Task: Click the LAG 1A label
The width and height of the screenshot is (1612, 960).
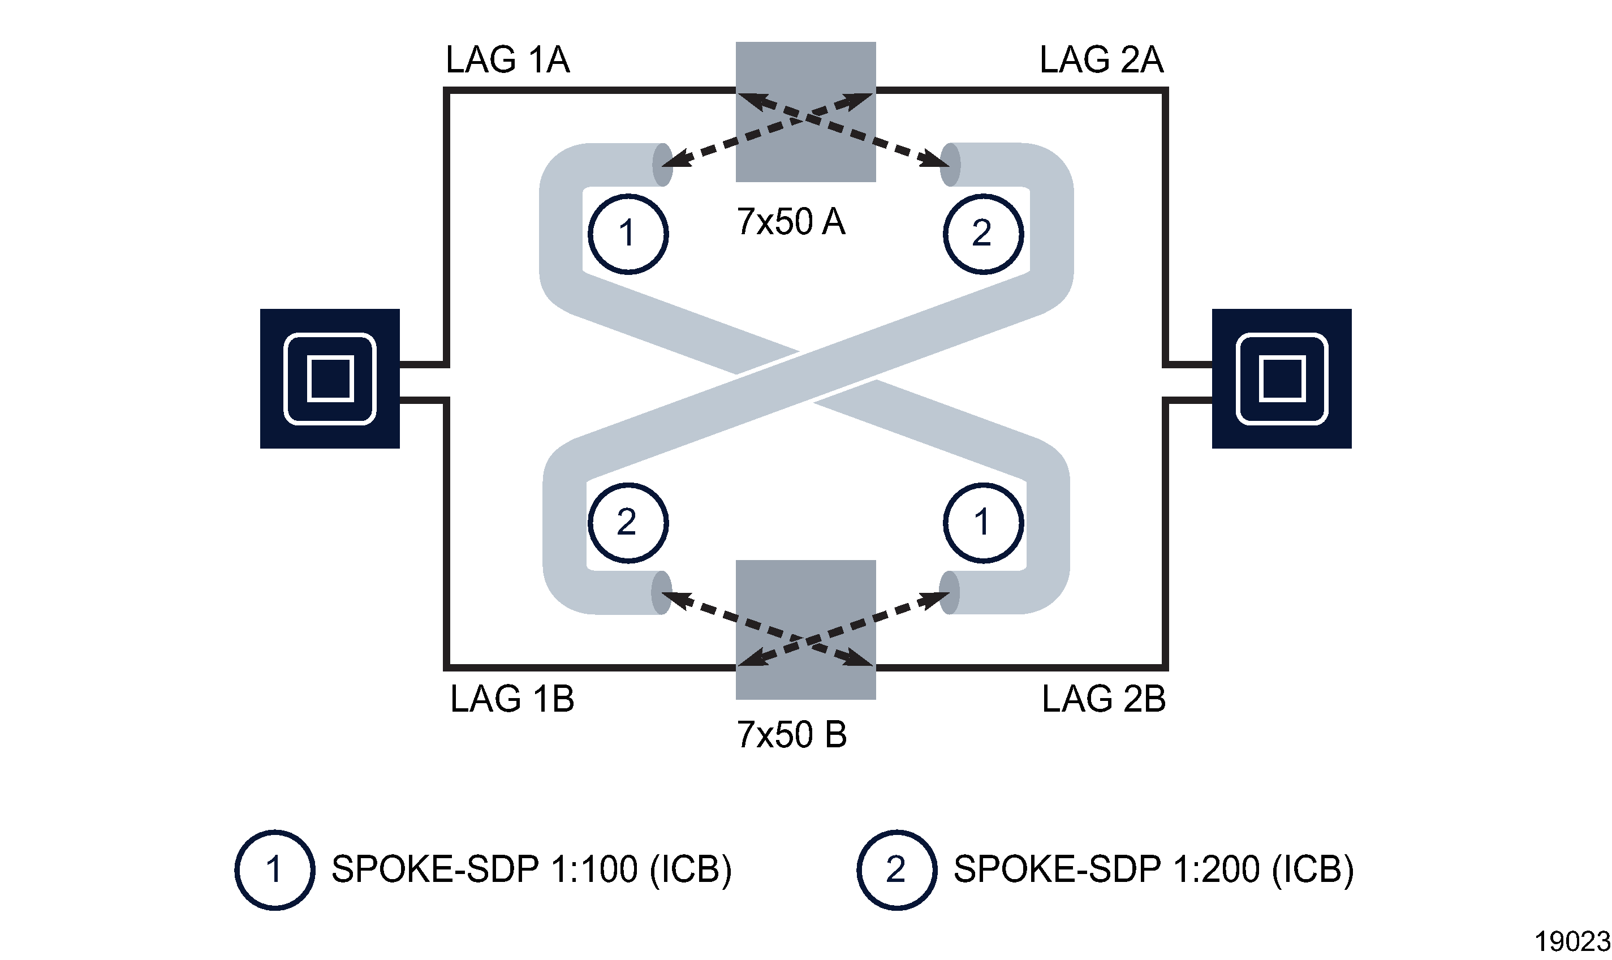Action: pyautogui.click(x=507, y=60)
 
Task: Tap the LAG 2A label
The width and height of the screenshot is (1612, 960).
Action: pyautogui.click(x=1101, y=60)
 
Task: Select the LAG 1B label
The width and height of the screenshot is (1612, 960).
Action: pyautogui.click(x=511, y=699)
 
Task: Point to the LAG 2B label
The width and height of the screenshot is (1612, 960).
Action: pyautogui.click(x=1103, y=699)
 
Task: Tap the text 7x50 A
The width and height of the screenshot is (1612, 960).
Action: pyautogui.click(x=790, y=222)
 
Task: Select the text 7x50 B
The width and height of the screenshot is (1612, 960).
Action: pyautogui.click(x=791, y=735)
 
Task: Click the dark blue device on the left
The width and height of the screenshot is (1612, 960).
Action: pyautogui.click(x=330, y=378)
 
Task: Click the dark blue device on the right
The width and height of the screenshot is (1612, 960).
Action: pyautogui.click(x=1281, y=378)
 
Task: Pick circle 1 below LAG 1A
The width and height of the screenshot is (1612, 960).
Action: pyautogui.click(x=627, y=234)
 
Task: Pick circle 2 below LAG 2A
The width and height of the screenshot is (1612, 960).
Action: pyautogui.click(x=982, y=234)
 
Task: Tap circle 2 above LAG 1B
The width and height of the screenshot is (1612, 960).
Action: pyautogui.click(x=627, y=523)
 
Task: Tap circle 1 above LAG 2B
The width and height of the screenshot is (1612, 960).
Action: pyautogui.click(x=982, y=523)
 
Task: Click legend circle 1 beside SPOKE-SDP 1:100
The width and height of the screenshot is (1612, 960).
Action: pyautogui.click(x=274, y=869)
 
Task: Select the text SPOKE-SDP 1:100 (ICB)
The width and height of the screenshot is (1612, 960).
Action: pyautogui.click(x=531, y=869)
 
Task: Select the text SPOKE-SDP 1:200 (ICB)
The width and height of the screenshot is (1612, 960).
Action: pyautogui.click(x=1153, y=869)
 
